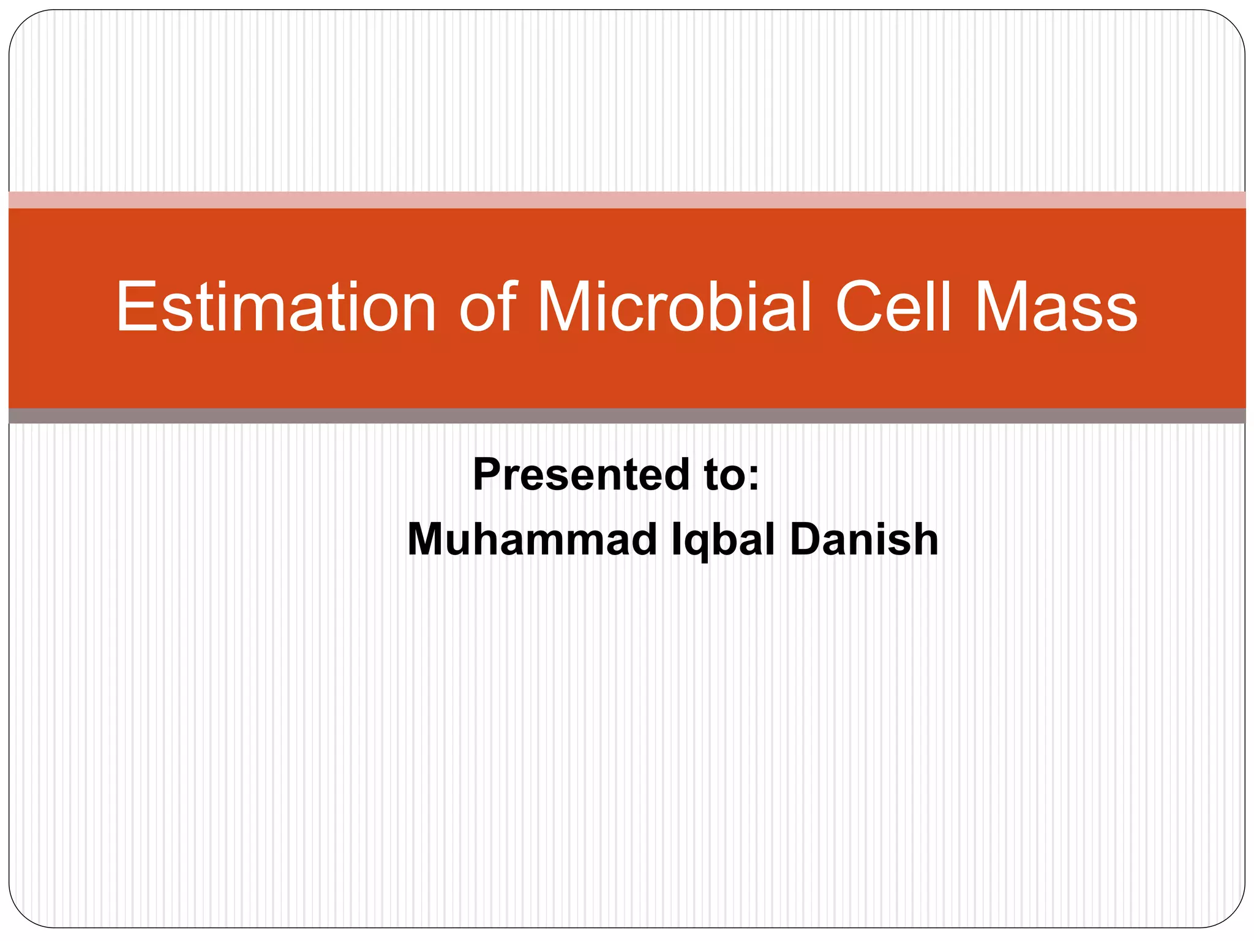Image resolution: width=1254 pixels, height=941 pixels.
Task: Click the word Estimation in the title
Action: (276, 306)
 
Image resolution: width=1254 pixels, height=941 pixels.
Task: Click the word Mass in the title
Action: (1056, 306)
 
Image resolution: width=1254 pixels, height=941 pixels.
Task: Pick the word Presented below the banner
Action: (582, 475)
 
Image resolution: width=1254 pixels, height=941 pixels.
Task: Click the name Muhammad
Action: (532, 539)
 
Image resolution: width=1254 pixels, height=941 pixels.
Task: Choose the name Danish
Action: (864, 539)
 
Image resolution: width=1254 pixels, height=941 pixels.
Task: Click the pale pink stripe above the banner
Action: (627, 200)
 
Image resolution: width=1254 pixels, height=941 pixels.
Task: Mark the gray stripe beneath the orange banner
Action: (627, 416)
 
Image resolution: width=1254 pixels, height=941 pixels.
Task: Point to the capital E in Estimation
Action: (136, 306)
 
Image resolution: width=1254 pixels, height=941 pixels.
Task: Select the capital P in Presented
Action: (487, 475)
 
